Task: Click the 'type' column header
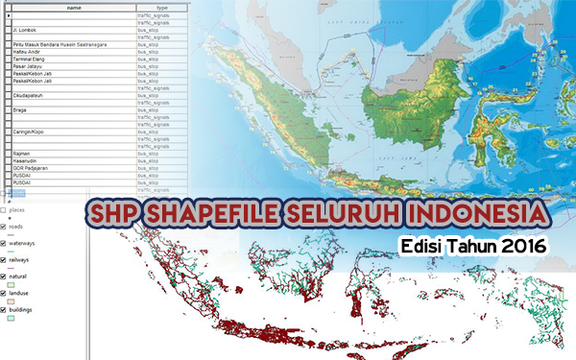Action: [163, 6]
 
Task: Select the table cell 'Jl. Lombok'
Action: [24, 30]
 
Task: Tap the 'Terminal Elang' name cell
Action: [30, 59]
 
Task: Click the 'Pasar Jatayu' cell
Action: [28, 65]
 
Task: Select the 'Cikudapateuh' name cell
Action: [29, 95]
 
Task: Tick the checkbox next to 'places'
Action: [5, 209]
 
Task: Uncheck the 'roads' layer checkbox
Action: [5, 226]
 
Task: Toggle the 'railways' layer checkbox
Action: [5, 259]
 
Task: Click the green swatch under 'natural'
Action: [11, 285]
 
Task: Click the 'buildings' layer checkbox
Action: [5, 310]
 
